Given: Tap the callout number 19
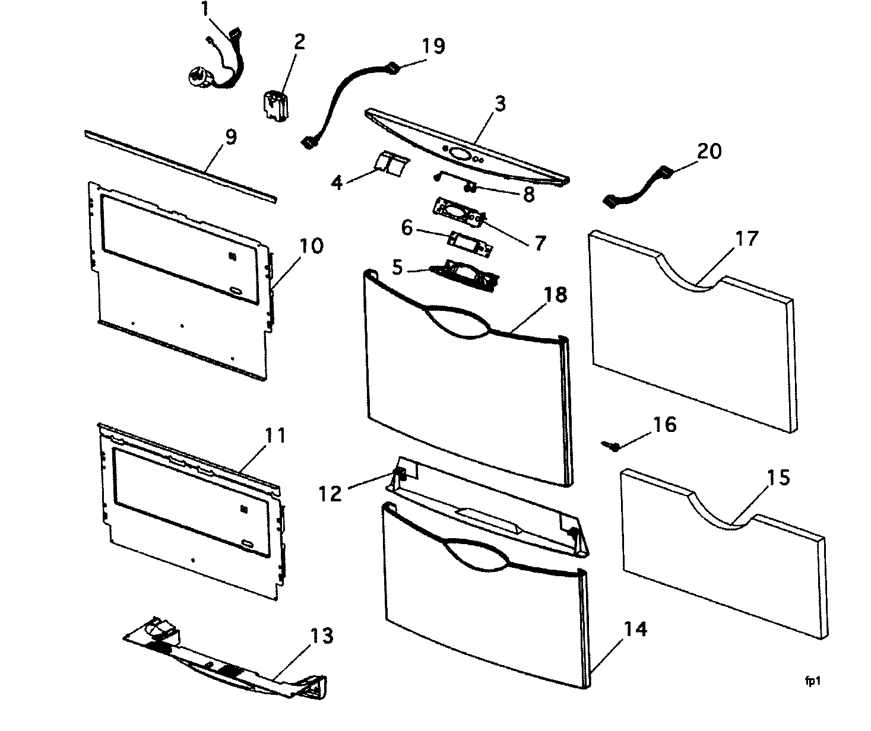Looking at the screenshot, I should [433, 46].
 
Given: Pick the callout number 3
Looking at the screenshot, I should [500, 104].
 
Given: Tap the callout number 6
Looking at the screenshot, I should [407, 227].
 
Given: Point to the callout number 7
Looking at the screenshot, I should [539, 242].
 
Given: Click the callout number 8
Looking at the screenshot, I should [528, 194].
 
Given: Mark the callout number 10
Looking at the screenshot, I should [311, 246].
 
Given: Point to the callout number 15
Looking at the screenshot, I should [778, 477].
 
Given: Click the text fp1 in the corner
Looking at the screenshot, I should [813, 682].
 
